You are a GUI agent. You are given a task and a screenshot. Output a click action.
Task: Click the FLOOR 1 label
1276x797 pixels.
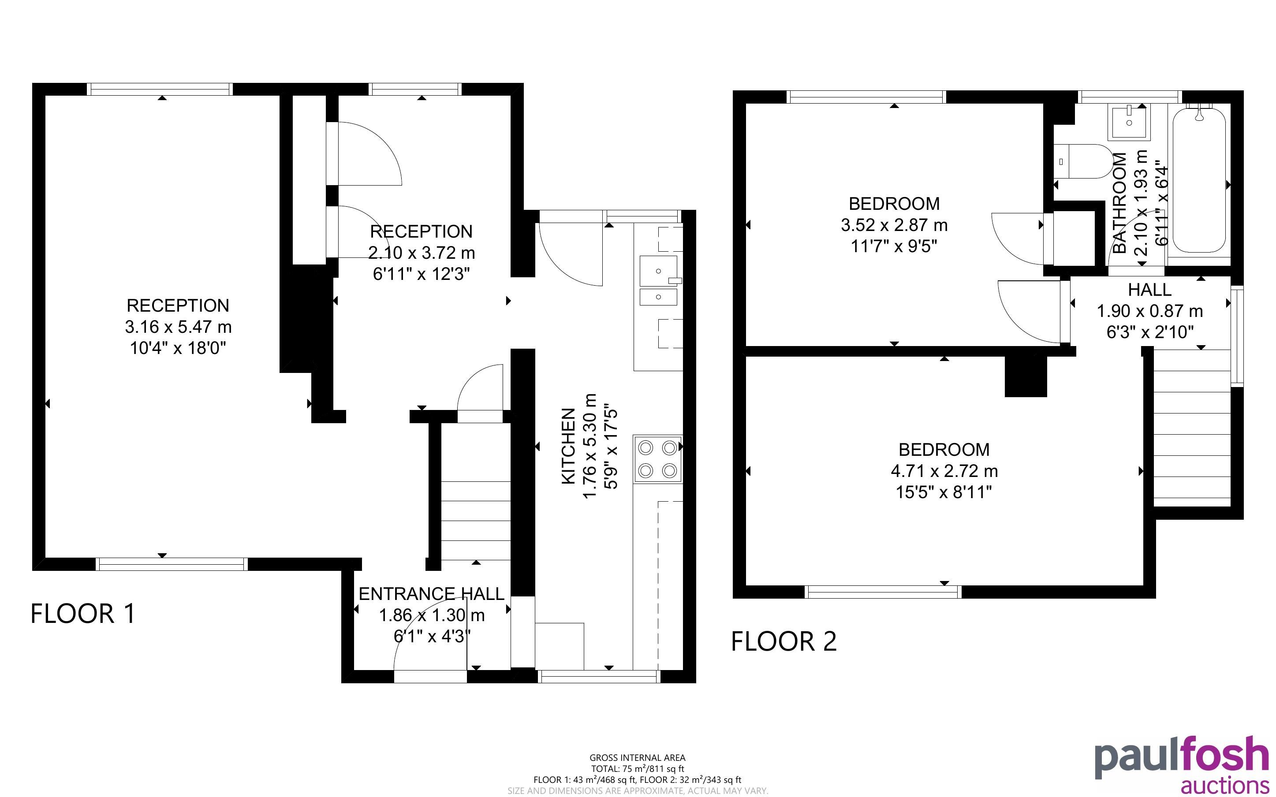[x=83, y=614]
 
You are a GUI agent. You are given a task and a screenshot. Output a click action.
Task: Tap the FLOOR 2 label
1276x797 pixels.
[x=784, y=641]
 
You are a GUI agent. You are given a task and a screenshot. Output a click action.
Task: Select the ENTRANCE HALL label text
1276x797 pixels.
[x=432, y=594]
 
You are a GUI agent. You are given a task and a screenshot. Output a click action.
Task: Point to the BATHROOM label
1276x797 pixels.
[x=1119, y=203]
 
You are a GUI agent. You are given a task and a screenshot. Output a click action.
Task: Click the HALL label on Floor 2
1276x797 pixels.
[x=1149, y=290]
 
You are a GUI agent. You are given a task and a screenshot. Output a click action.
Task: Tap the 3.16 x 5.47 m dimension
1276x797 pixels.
[x=178, y=327]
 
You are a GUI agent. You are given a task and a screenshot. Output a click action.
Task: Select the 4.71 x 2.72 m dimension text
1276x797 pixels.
[x=944, y=471]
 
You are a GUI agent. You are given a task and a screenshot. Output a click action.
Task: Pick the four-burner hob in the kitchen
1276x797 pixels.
[x=658, y=458]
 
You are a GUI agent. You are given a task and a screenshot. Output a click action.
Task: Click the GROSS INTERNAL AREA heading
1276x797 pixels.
[x=637, y=757]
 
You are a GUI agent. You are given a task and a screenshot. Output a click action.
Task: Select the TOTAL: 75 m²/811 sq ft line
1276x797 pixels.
[x=637, y=768]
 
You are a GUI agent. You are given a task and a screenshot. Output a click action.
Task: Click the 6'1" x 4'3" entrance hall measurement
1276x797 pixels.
[x=432, y=636]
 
